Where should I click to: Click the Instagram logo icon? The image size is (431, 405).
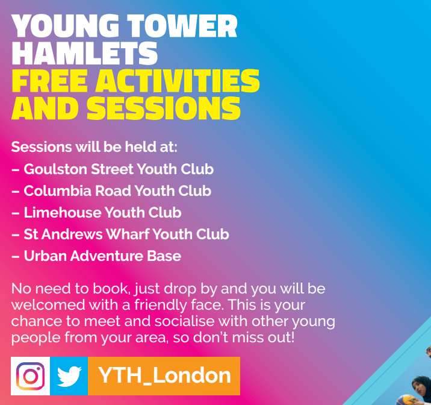point(30,376)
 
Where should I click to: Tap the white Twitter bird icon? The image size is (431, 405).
point(69,376)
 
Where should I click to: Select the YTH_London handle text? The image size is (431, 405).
point(164,375)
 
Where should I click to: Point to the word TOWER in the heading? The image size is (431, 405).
point(182,25)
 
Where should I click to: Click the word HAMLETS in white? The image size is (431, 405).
point(85,53)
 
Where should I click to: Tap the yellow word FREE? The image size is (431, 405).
point(50,80)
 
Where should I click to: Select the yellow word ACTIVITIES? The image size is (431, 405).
point(178,80)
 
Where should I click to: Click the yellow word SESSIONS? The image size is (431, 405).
point(164,108)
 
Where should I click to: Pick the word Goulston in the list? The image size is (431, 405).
point(55,169)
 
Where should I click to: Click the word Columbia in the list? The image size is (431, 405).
point(57,190)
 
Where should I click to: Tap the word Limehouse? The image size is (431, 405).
point(63,212)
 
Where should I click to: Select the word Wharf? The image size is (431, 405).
point(128,234)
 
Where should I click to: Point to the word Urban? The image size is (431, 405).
point(45,256)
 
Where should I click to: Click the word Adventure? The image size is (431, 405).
point(107,256)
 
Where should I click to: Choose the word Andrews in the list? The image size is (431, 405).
point(72,234)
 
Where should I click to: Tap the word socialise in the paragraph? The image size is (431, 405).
point(184,321)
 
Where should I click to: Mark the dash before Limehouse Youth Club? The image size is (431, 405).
point(16,213)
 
